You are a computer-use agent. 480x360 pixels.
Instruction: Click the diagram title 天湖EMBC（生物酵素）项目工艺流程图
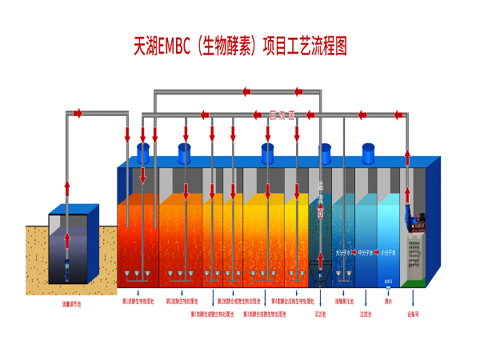[239, 46]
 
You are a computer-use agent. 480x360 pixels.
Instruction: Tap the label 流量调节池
[73, 304]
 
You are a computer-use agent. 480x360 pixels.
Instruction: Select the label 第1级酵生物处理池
[138, 302]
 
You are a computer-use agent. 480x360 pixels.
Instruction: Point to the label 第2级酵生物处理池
[182, 302]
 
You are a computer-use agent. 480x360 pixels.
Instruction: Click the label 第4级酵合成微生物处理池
[287, 302]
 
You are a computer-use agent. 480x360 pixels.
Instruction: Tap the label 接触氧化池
[345, 302]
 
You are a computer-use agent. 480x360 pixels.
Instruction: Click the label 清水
[387, 302]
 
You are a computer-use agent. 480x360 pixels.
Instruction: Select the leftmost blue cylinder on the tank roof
[144, 153]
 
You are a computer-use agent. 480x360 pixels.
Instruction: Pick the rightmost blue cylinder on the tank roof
[368, 152]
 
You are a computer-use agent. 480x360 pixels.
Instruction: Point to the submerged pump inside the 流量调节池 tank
[66, 263]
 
